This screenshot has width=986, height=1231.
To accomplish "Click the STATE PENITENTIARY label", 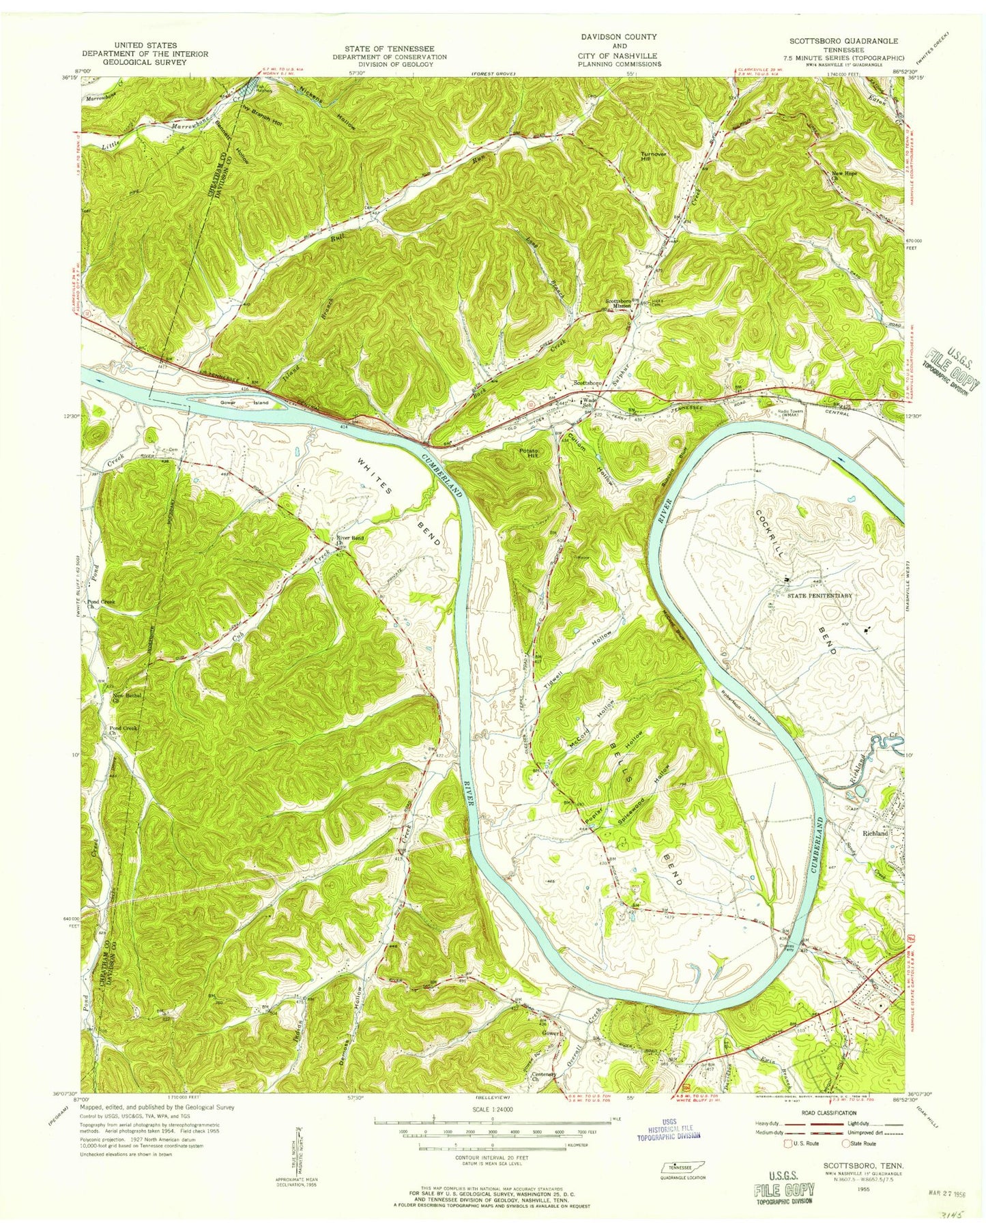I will click(x=820, y=596).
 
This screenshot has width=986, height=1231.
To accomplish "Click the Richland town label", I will click(x=875, y=833).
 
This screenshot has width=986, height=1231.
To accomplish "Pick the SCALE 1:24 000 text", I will click(x=491, y=1110).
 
